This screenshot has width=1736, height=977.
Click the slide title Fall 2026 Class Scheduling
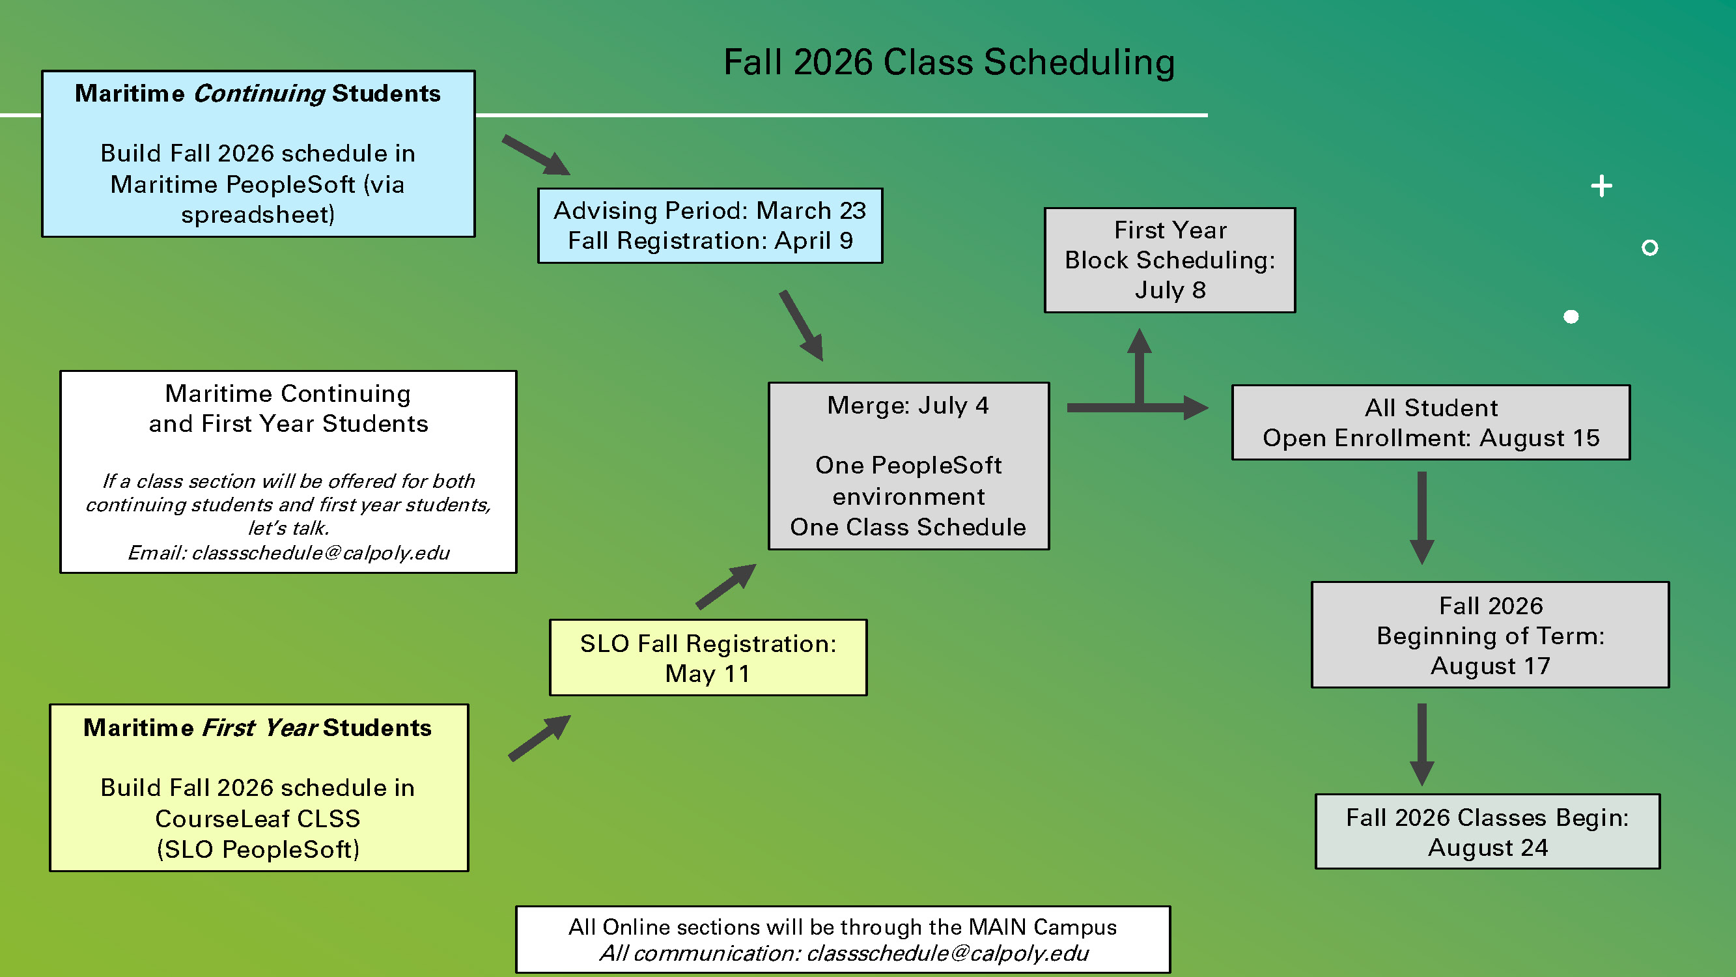click(x=949, y=62)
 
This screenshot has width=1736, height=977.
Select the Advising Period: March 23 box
click(x=710, y=225)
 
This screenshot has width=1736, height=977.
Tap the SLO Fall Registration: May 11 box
click(x=708, y=657)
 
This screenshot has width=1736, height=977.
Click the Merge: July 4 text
click(x=908, y=405)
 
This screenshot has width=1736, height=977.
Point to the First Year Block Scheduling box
click(x=1169, y=261)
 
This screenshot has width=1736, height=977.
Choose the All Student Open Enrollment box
click(x=1430, y=423)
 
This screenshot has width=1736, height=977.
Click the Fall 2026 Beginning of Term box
click(x=1489, y=635)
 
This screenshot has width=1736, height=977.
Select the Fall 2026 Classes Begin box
click(x=1487, y=831)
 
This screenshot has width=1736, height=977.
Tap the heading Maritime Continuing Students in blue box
click(x=257, y=93)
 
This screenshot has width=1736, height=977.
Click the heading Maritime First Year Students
click(x=257, y=728)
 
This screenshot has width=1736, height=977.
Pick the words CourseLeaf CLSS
click(x=257, y=818)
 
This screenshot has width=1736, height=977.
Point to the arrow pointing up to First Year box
click(x=1139, y=364)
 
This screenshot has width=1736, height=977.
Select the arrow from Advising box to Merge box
click(x=802, y=326)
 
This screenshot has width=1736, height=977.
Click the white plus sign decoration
click(x=1601, y=186)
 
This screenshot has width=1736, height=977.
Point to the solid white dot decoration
click(x=1570, y=317)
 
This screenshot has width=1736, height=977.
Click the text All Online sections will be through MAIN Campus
click(x=843, y=927)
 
